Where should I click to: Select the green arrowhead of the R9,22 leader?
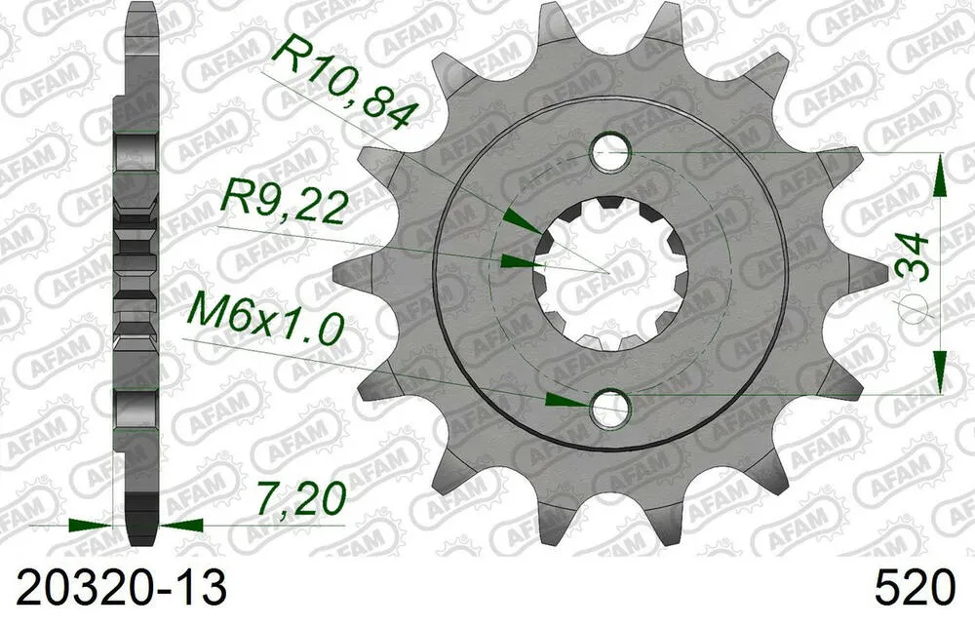pos(517,260)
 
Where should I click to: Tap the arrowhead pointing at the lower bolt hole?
pos(565,400)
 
